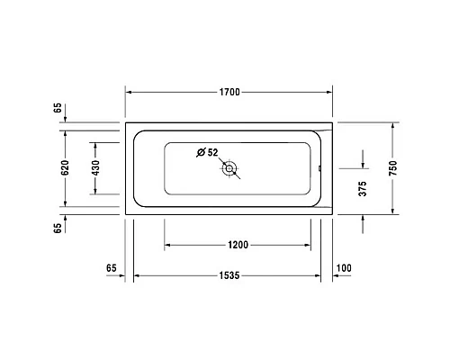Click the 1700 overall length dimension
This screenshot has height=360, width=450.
(x=229, y=92)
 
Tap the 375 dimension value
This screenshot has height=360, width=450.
(x=363, y=190)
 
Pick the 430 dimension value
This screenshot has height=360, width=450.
(x=94, y=167)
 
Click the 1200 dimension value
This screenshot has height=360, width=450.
(x=238, y=244)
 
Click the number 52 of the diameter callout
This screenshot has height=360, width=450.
(x=213, y=151)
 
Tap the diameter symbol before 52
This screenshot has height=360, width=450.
(x=202, y=151)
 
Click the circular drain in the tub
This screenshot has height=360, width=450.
(x=230, y=167)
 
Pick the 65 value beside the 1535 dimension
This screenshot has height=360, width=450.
(x=112, y=268)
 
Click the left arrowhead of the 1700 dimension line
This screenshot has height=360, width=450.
(x=128, y=92)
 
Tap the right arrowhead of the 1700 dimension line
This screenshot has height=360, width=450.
(x=330, y=92)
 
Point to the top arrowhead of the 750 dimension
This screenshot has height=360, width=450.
(x=393, y=126)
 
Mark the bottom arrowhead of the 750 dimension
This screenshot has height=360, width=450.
(x=393, y=211)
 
